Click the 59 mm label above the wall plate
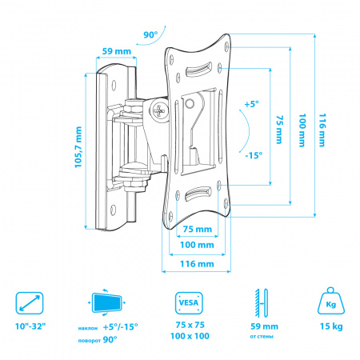tap(117, 51)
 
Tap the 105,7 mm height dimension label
tap(78, 147)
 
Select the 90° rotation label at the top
tap(150, 34)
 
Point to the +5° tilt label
tap(252, 104)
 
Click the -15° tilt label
tap(254, 155)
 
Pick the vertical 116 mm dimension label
tap(322, 130)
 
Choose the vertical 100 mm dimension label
tap(302, 130)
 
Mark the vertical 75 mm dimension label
tap(279, 130)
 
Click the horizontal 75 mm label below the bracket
tap(198, 229)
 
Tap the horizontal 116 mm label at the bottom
tap(197, 264)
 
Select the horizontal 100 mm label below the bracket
tap(197, 245)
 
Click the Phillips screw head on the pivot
tap(159, 110)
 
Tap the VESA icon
tap(189, 303)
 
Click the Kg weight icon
tap(331, 301)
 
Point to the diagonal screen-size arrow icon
tap(30, 302)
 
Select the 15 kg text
tap(331, 326)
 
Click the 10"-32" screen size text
tap(30, 326)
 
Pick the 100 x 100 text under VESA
tap(190, 336)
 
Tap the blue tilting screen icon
tap(106, 302)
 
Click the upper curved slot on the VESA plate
tap(198, 70)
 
